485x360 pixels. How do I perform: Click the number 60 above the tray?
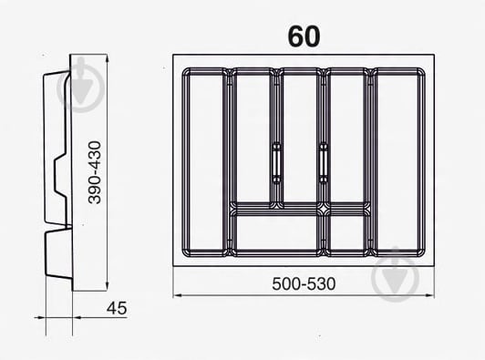point(304,36)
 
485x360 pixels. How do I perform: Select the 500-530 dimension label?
point(304,283)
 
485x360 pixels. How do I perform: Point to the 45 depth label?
point(116,308)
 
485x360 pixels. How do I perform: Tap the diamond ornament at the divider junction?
point(324,209)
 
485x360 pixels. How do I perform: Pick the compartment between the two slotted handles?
point(299,137)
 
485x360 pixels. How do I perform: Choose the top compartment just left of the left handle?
point(251,137)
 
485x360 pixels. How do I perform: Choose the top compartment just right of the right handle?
point(347,137)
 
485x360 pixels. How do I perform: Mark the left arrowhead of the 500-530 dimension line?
point(177,295)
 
